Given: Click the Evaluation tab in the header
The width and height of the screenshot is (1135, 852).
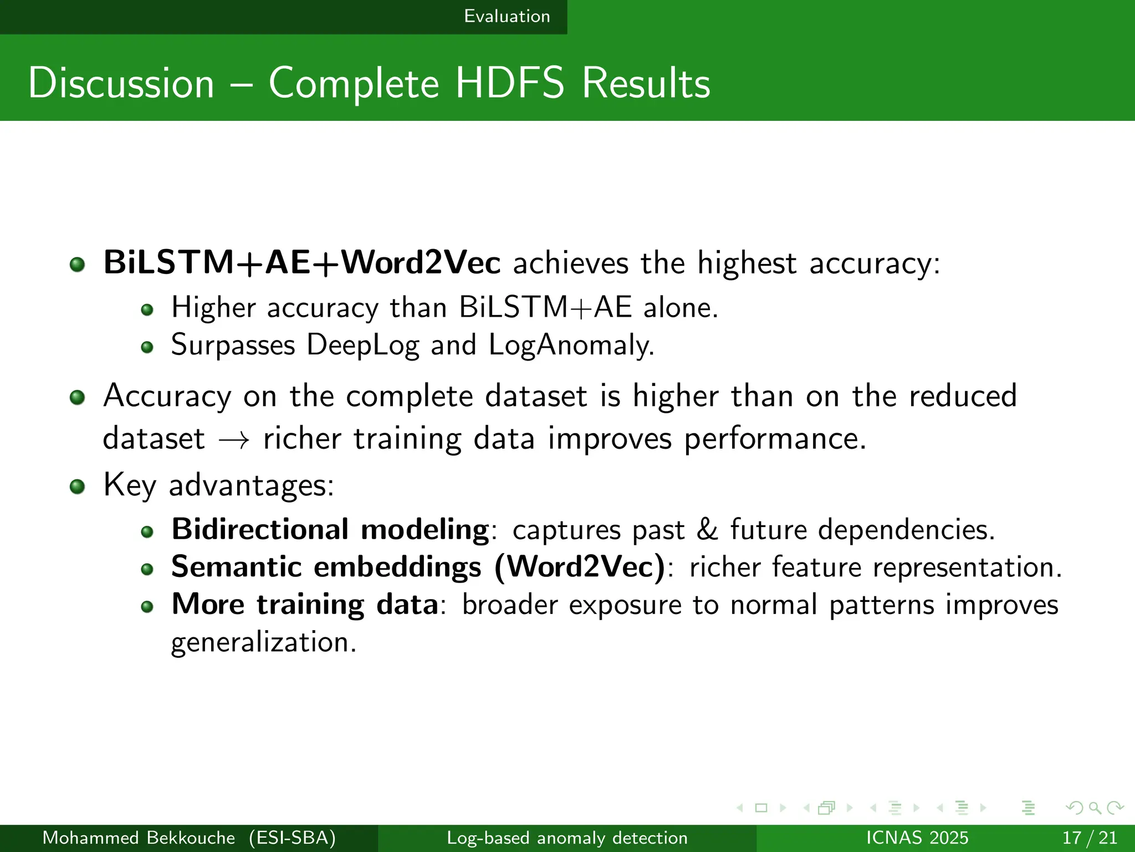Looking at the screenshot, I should pyautogui.click(x=507, y=17).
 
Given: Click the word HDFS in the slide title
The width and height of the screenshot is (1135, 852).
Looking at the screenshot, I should pyautogui.click(x=509, y=83).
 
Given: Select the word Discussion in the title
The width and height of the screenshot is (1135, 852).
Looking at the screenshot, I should pyautogui.click(x=121, y=83).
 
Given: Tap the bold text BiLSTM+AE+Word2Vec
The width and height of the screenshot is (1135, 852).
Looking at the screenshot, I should pyautogui.click(x=301, y=262).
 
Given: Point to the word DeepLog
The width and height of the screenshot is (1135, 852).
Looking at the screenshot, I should pyautogui.click(x=363, y=345).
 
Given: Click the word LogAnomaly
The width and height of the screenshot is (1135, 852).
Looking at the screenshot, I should pyautogui.click(x=571, y=345).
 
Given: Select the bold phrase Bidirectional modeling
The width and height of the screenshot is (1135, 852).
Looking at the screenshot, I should pyautogui.click(x=330, y=529).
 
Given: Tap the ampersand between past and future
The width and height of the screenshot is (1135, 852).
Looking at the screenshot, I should pyautogui.click(x=707, y=529).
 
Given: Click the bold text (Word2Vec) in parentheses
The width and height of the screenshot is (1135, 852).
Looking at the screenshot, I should pyautogui.click(x=579, y=567).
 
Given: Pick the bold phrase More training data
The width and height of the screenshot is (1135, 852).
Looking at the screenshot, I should pyautogui.click(x=305, y=604).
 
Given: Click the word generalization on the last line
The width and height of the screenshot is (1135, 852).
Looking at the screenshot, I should pyautogui.click(x=263, y=642).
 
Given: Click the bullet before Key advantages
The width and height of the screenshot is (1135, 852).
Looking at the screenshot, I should pyautogui.click(x=78, y=487).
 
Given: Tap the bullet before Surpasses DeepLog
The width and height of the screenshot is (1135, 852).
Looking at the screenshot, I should pyautogui.click(x=147, y=347).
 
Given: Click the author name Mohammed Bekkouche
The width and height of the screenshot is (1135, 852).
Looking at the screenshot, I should pyautogui.click(x=139, y=838).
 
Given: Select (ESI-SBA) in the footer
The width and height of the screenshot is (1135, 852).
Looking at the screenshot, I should pyautogui.click(x=292, y=838).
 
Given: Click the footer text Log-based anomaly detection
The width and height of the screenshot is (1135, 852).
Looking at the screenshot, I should pyautogui.click(x=567, y=838).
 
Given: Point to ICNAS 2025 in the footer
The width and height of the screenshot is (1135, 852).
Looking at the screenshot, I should pyautogui.click(x=917, y=838).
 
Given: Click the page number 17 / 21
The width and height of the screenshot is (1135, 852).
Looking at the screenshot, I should pyautogui.click(x=1089, y=838).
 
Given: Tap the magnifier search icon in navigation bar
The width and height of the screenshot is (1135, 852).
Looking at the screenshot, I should pyautogui.click(x=1095, y=808).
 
